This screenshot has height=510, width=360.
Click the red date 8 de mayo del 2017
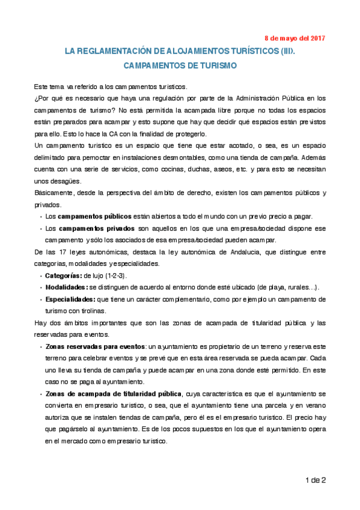tap(294, 37)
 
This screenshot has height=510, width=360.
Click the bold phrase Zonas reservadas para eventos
tap(95, 347)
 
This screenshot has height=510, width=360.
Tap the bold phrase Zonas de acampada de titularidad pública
tap(114, 394)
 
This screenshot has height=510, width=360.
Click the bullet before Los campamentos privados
tap(40, 229)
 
